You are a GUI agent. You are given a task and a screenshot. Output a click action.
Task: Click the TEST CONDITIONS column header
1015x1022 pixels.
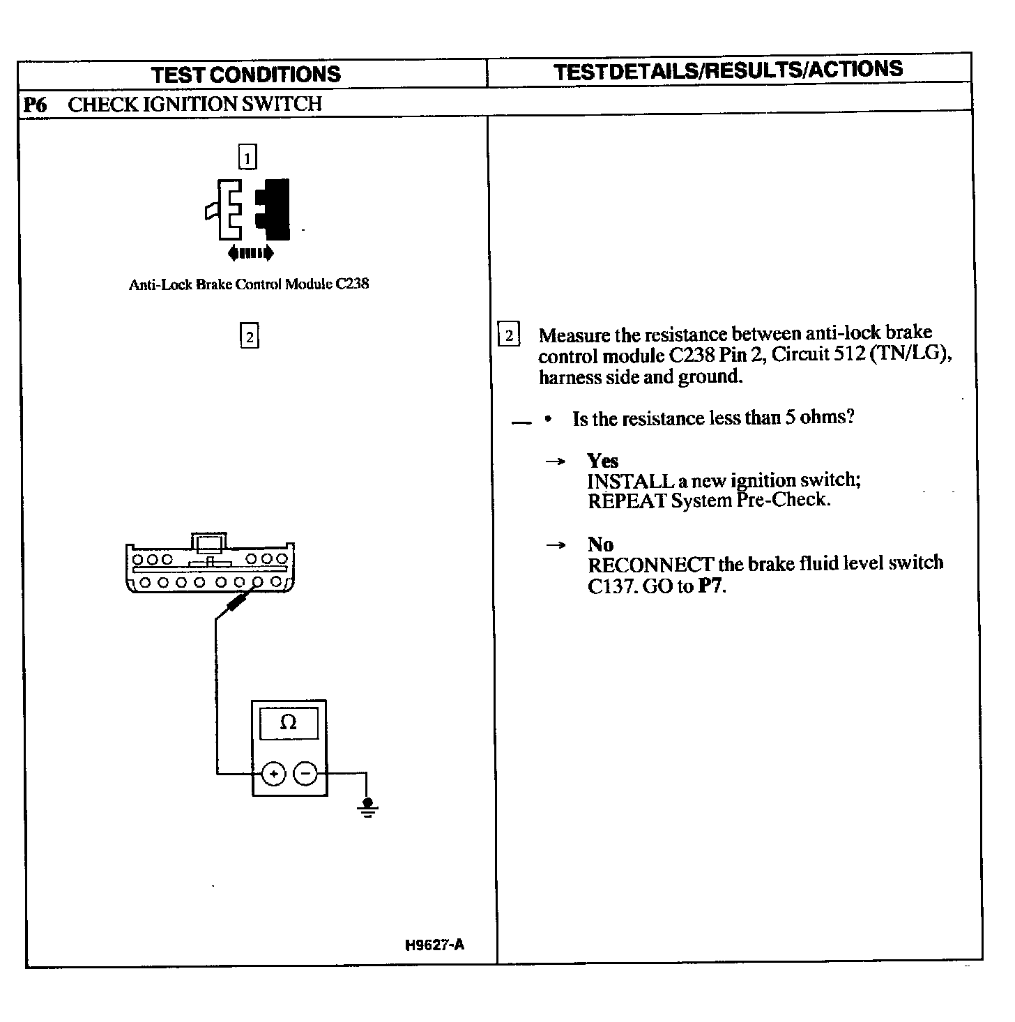[246, 75]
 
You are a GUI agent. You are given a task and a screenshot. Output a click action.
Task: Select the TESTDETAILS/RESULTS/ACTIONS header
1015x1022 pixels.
[728, 70]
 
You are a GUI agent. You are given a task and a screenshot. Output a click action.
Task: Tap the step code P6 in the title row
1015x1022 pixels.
[35, 105]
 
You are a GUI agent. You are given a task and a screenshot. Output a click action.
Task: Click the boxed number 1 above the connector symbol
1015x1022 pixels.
[247, 157]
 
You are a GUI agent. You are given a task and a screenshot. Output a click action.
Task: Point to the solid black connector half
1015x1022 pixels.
[275, 208]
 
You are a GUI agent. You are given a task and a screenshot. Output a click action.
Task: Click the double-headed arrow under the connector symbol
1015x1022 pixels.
[250, 253]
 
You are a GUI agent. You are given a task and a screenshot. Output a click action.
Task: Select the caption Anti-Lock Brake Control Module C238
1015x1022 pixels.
[249, 284]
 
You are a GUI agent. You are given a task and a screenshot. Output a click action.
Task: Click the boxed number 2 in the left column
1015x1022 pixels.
[249, 337]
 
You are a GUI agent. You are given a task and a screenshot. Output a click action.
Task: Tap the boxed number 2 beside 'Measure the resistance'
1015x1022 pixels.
[509, 336]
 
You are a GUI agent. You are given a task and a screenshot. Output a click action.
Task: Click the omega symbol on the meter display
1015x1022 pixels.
[288, 723]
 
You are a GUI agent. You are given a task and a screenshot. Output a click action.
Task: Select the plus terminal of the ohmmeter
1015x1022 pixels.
[274, 774]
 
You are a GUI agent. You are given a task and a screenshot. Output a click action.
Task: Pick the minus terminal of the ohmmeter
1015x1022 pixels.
[305, 774]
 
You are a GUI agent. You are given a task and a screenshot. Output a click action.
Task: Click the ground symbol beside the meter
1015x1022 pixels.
[368, 808]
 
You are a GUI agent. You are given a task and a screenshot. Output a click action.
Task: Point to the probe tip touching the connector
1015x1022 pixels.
[241, 599]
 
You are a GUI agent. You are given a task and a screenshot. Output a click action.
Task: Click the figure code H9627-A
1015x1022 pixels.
[434, 945]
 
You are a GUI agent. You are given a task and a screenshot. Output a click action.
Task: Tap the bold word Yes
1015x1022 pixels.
[602, 461]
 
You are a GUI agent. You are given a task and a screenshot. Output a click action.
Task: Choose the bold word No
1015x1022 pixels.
[600, 544]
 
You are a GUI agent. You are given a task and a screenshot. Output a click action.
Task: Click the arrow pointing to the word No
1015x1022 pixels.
[556, 545]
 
